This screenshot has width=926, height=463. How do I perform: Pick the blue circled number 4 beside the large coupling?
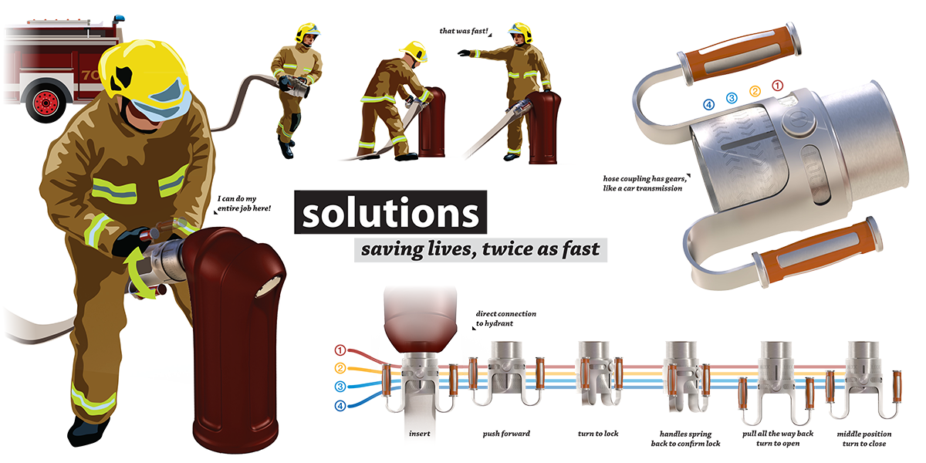coord(708,104)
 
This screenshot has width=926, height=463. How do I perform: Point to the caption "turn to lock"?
coord(598,434)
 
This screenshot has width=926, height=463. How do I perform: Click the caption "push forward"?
coord(506,434)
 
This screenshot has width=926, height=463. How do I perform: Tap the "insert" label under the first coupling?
coord(421,434)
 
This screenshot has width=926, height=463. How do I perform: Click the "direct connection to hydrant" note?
coord(505,319)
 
